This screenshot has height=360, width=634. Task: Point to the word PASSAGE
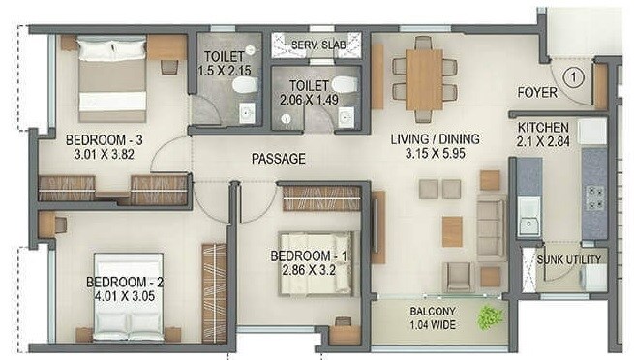pyautogui.click(x=278, y=159)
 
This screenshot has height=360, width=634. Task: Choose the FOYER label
pyautogui.click(x=536, y=94)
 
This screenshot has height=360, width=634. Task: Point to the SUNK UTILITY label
pyautogui.click(x=571, y=259)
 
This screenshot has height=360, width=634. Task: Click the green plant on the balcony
pyautogui.click(x=491, y=315)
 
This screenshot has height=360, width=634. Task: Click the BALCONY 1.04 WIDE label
pyautogui.click(x=434, y=317)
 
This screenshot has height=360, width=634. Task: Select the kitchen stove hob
pyautogui.click(x=591, y=197)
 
